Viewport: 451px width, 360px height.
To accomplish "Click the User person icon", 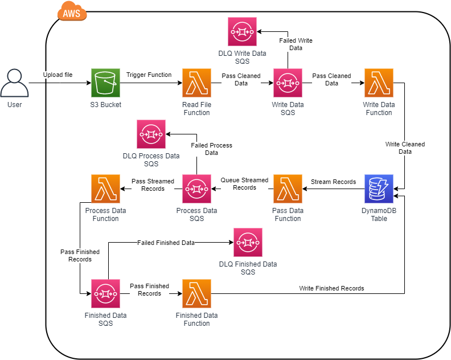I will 14,83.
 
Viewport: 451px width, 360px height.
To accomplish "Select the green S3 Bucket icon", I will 105,83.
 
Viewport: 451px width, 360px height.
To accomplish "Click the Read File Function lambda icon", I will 196,83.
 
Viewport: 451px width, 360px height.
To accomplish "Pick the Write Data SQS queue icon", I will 288,83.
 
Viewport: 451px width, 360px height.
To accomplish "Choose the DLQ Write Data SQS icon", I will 242,32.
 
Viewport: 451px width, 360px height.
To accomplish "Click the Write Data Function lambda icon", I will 379,83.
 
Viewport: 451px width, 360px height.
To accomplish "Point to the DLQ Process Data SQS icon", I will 151,134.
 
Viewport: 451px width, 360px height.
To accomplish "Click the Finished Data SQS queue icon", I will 105,293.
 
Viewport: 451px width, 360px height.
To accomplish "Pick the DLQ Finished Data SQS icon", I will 248,243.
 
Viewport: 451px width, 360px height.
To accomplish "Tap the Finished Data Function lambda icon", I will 196,293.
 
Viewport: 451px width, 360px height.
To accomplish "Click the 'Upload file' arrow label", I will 58,75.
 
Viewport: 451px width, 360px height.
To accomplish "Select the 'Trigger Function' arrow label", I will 149,75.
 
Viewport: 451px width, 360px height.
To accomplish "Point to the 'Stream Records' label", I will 333,182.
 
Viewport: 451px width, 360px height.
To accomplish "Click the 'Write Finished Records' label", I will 331,288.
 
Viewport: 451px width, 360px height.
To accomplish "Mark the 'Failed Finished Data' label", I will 166,243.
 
